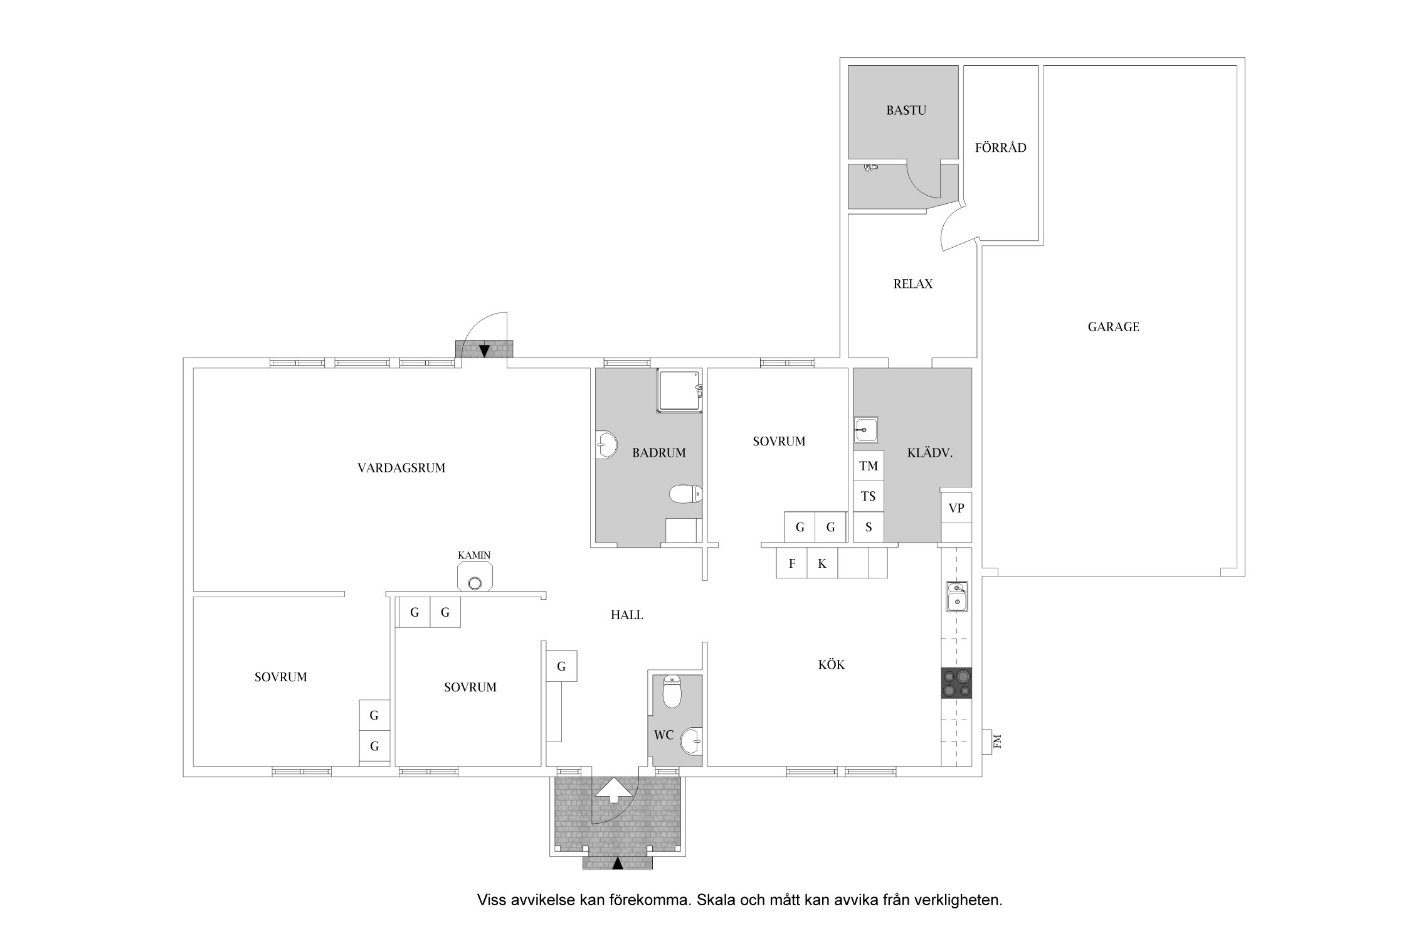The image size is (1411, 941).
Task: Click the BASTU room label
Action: (906, 110)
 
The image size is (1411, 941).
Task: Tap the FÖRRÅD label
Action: (1000, 147)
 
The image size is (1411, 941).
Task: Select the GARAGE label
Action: (1113, 327)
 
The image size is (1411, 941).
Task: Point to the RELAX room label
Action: (912, 284)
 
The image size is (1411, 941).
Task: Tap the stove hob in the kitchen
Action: (956, 683)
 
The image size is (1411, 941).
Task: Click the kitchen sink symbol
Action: (957, 597)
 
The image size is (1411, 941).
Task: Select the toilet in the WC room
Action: (672, 692)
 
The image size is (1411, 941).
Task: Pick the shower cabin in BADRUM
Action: (679, 391)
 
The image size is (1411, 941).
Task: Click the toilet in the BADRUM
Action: (685, 494)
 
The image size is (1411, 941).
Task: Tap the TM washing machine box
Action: (869, 465)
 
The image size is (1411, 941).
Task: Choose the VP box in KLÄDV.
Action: (956, 508)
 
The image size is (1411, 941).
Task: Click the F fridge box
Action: (792, 563)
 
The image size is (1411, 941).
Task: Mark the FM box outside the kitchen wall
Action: (990, 742)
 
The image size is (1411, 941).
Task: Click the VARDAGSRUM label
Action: (401, 468)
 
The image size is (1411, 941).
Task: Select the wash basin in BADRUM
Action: (606, 445)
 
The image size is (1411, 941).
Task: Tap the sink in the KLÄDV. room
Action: (866, 430)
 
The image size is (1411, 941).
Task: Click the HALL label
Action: (626, 615)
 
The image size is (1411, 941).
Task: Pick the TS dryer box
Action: (869, 496)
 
